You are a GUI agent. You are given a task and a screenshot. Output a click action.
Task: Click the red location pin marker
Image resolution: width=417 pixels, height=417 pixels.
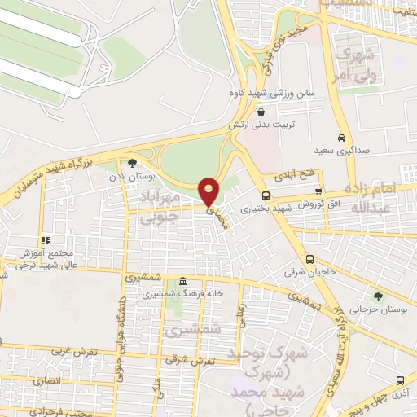point(210,191)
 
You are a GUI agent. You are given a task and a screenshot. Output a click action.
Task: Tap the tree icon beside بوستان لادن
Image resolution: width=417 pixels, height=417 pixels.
point(134,163)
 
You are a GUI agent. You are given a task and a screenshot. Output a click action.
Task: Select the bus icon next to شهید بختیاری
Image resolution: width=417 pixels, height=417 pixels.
point(266,195)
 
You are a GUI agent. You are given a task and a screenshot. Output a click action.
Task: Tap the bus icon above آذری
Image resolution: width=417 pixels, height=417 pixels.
point(398,380)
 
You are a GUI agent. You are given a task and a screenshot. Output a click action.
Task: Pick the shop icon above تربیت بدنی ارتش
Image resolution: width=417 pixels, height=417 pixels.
point(261,113)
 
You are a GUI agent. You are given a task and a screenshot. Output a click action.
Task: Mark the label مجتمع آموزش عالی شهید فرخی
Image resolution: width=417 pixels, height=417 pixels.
point(42,259)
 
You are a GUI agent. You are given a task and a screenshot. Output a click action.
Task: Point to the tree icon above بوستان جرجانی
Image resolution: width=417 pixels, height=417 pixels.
point(378,295)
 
